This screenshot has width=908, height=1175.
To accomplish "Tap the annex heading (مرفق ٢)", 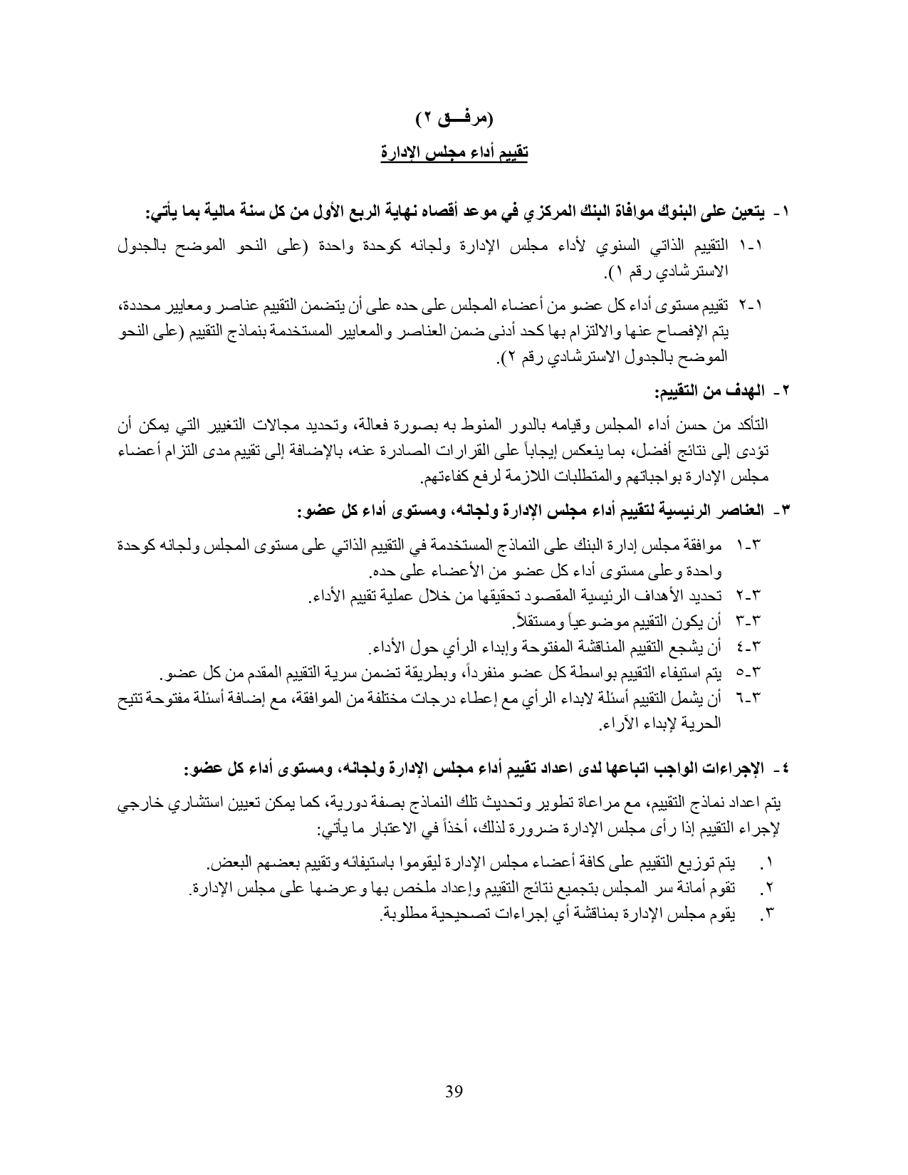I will [454, 117].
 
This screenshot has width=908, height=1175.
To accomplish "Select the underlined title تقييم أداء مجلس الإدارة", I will [454, 153].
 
